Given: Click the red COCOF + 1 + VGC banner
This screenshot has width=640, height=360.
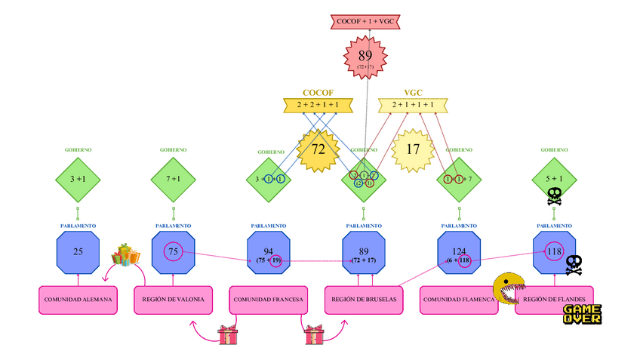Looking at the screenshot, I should [x=365, y=22].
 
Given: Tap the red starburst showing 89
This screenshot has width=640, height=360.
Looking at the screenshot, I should [x=365, y=58].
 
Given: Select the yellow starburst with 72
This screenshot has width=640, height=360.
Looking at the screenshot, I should [x=318, y=149].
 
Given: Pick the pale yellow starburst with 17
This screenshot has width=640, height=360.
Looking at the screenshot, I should [x=413, y=149].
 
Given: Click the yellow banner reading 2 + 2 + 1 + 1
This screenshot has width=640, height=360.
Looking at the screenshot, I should [x=318, y=106].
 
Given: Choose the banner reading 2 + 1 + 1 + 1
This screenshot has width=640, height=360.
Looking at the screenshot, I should [x=413, y=106].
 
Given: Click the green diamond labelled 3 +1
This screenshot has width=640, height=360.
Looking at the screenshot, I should [x=78, y=179].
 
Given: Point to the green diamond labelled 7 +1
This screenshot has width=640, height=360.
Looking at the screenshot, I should [x=173, y=179].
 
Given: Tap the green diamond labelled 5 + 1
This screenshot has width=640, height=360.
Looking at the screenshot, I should [x=554, y=179].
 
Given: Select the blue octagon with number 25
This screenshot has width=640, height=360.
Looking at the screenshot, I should [x=78, y=252].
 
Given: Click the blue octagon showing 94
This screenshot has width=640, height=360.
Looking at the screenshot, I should [x=268, y=252].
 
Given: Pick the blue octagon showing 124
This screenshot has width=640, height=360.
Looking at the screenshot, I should [x=459, y=252].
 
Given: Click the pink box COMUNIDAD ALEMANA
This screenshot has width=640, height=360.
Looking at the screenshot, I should [x=78, y=300].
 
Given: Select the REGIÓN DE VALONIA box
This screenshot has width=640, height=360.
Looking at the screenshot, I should [x=173, y=300].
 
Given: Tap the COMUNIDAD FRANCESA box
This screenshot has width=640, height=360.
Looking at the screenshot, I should [x=268, y=300].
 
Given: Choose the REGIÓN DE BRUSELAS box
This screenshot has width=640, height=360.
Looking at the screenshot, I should [x=364, y=300].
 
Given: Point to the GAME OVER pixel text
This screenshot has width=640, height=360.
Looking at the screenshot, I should [x=582, y=314].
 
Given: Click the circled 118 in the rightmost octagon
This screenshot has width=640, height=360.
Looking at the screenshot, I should [x=555, y=251].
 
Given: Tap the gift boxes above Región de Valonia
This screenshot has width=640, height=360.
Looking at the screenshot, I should [x=126, y=255].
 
